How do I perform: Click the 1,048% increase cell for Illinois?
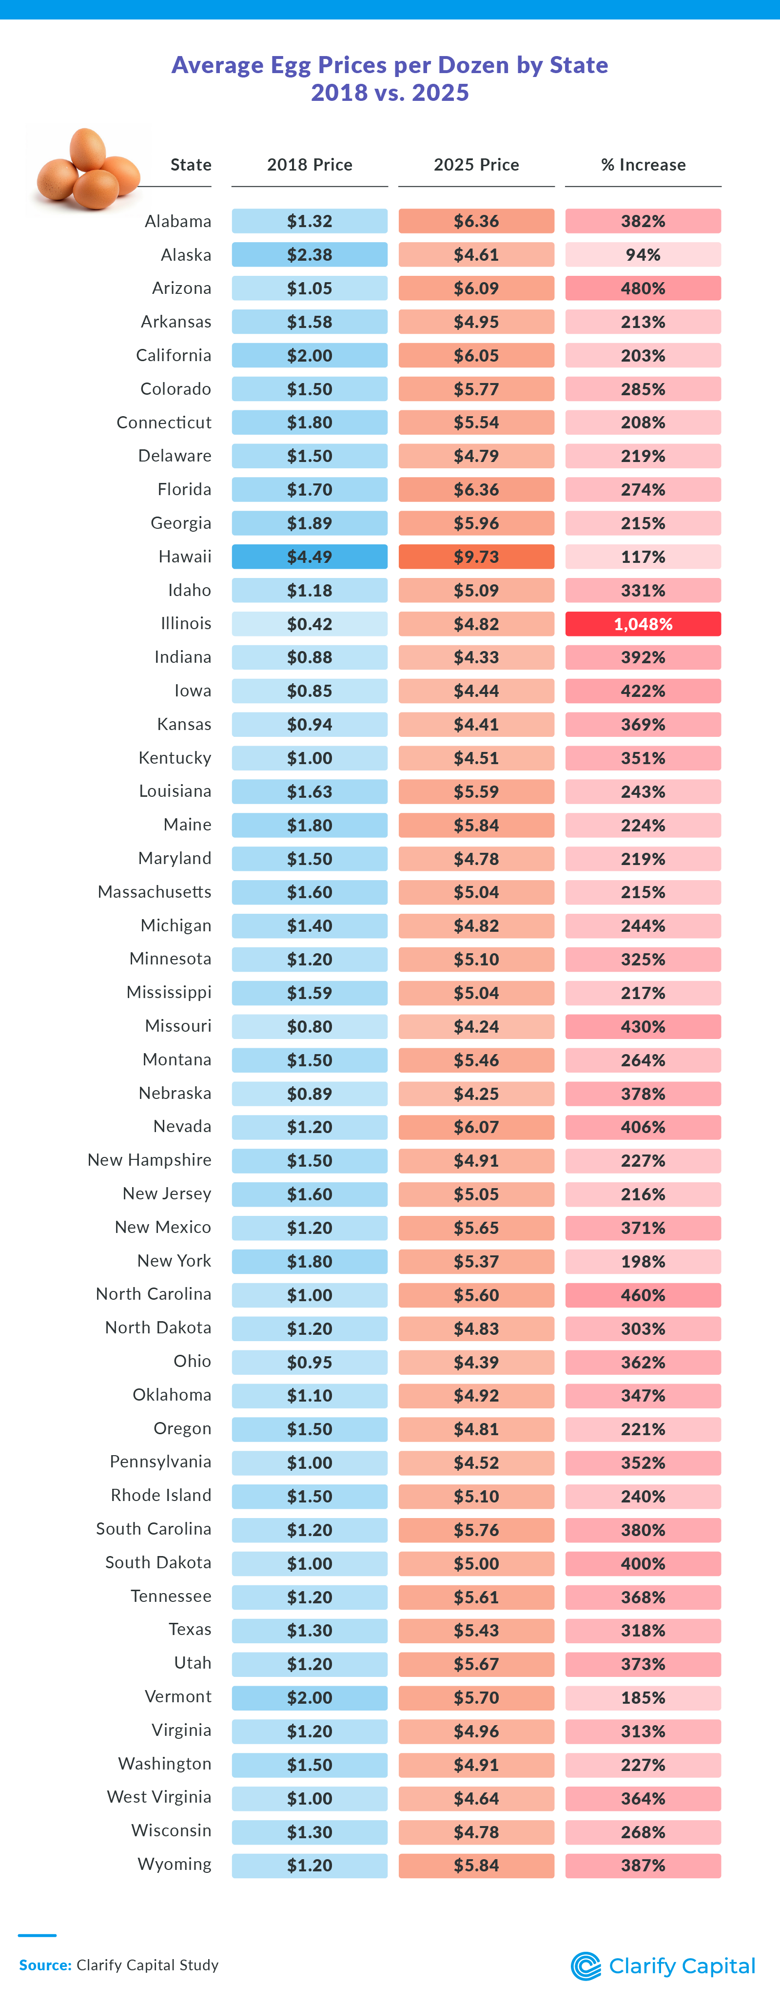643,624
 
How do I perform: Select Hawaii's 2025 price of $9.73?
476,557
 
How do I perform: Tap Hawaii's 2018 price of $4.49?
309,557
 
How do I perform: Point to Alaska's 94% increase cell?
643,255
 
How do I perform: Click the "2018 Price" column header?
309,165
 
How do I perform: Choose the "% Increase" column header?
643,165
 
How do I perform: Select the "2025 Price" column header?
476,165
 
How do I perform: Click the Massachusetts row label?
155,892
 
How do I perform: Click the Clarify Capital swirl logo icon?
586,1966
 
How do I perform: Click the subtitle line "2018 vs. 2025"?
390,93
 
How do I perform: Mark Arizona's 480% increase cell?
643,288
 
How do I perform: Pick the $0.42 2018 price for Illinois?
309,624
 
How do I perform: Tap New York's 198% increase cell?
643,1262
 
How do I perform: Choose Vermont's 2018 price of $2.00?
309,1697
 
